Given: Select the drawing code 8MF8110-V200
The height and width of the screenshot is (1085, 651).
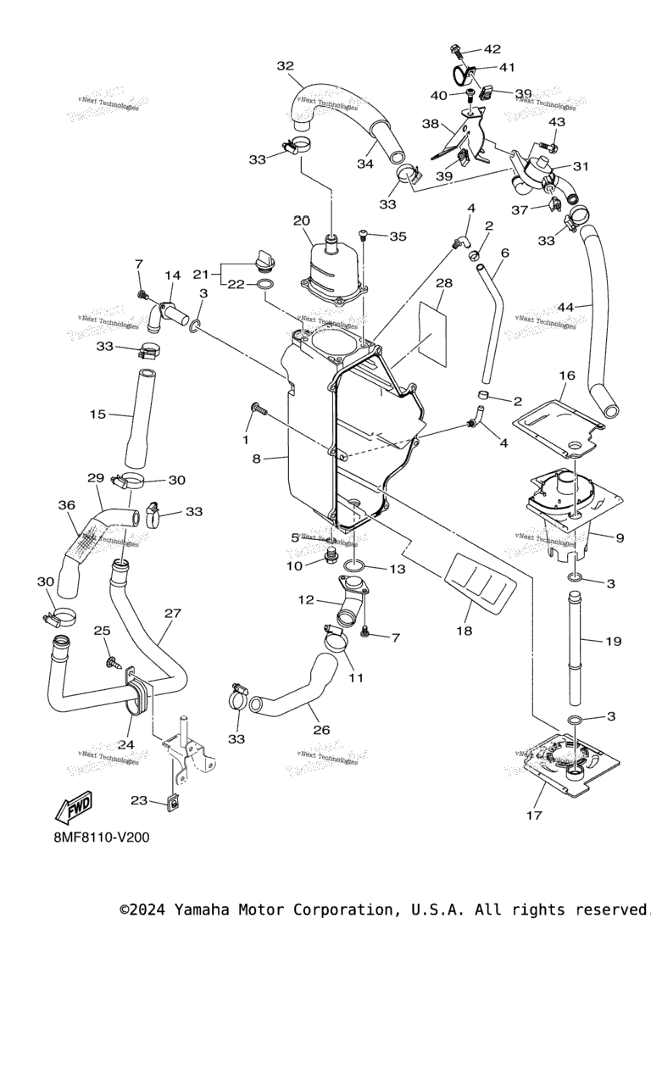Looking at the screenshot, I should pyautogui.click(x=100, y=837).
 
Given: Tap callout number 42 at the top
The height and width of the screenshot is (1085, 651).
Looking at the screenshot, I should pyautogui.click(x=492, y=49).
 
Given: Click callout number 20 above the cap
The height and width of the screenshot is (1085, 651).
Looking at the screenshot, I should pyautogui.click(x=302, y=221).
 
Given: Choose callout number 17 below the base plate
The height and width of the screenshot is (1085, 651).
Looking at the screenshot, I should pyautogui.click(x=533, y=815).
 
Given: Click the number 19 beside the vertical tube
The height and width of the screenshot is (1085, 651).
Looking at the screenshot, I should pyautogui.click(x=613, y=641).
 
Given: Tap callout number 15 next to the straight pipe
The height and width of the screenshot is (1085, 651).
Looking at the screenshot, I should pyautogui.click(x=97, y=414).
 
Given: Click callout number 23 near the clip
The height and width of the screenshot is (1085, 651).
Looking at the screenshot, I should pyautogui.click(x=139, y=799).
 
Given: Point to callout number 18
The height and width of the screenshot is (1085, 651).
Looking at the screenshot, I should pyautogui.click(x=464, y=630).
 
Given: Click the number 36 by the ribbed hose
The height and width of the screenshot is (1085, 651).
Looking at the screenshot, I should pyautogui.click(x=67, y=505).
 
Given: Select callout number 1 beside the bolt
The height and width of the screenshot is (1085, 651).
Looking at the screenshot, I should pyautogui.click(x=246, y=439).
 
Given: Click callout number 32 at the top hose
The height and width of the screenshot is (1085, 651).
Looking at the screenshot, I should pyautogui.click(x=285, y=66).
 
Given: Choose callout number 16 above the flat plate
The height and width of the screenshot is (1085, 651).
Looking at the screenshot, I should pyautogui.click(x=566, y=374).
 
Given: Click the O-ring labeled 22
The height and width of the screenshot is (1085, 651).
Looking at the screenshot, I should pyautogui.click(x=264, y=284).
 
